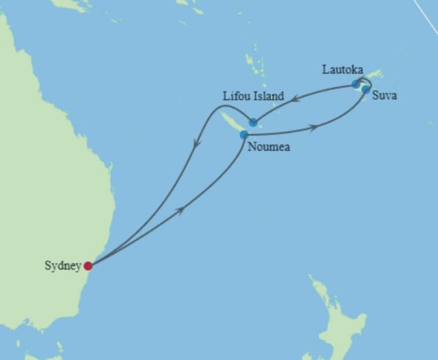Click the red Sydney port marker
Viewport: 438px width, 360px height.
click(x=88, y=266)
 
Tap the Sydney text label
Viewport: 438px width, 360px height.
click(x=63, y=266)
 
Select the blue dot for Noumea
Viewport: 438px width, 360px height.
click(x=244, y=135)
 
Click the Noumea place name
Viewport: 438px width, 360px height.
click(x=268, y=147)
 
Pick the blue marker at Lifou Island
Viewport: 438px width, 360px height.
click(x=253, y=122)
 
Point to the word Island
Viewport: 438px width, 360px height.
click(x=268, y=96)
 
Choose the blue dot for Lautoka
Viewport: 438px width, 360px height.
click(x=356, y=84)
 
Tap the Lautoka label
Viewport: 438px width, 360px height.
click(x=342, y=70)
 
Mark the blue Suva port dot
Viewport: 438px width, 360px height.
click(x=365, y=89)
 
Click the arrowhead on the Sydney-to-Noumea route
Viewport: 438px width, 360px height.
click(x=182, y=211)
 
